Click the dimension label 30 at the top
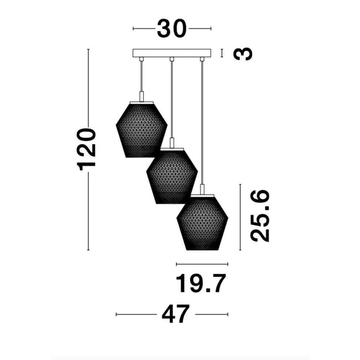click(x=172, y=29)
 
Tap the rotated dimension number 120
click(x=86, y=149)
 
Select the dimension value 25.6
click(x=260, y=216)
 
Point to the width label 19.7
click(x=201, y=283)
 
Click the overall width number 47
click(x=176, y=314)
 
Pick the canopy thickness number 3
click(x=243, y=54)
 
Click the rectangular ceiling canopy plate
click(x=172, y=53)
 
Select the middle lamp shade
click(x=172, y=176)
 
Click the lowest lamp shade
click(x=202, y=223)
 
